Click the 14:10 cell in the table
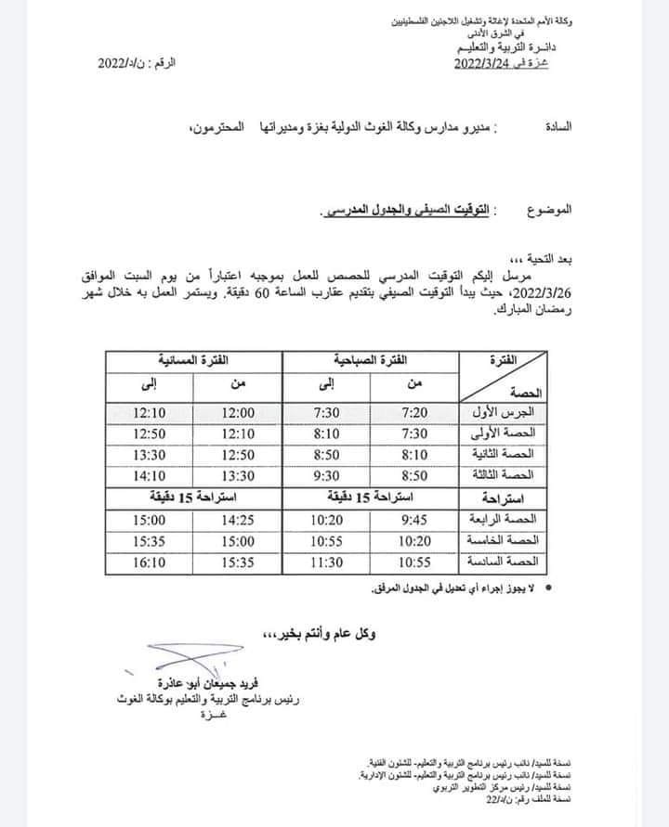(149, 474)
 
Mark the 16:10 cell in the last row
(149, 562)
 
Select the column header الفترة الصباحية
(370, 357)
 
